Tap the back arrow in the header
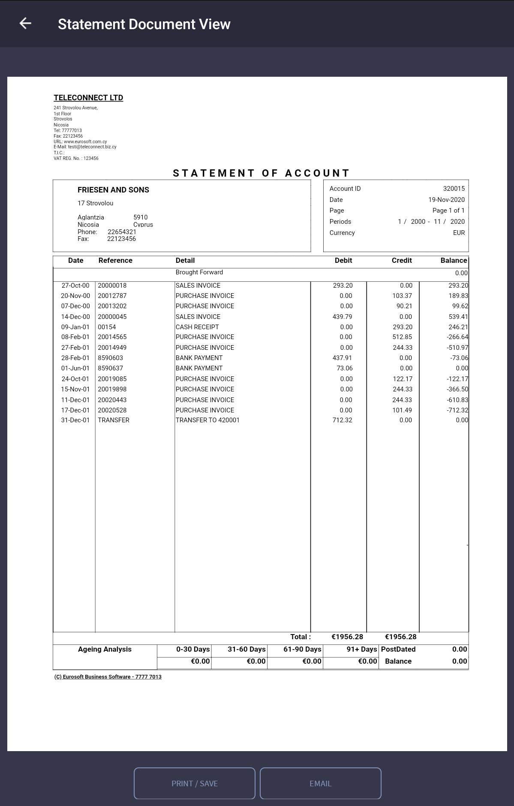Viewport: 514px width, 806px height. click(x=25, y=24)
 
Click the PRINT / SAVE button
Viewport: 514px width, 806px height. click(x=195, y=783)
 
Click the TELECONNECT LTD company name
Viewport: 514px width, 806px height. click(x=88, y=98)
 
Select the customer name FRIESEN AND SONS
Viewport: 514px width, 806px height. click(x=113, y=190)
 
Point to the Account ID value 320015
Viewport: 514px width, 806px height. click(x=454, y=189)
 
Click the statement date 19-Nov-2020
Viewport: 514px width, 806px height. click(x=446, y=200)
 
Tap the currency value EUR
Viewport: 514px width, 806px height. click(x=459, y=233)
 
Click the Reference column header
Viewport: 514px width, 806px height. click(x=115, y=260)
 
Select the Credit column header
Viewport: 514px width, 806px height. click(x=401, y=260)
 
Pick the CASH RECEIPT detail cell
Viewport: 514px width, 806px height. click(x=197, y=327)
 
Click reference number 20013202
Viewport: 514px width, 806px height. click(x=112, y=306)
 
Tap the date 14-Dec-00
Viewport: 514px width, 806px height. click(x=75, y=317)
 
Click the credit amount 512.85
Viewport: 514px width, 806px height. click(x=402, y=337)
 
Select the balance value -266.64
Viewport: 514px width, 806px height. click(x=457, y=337)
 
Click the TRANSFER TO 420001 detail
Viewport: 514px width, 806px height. click(x=207, y=420)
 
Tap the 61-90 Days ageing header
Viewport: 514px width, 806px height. click(x=302, y=649)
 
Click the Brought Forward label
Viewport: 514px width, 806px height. click(x=199, y=272)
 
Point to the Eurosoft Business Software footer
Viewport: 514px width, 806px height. click(x=108, y=677)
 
